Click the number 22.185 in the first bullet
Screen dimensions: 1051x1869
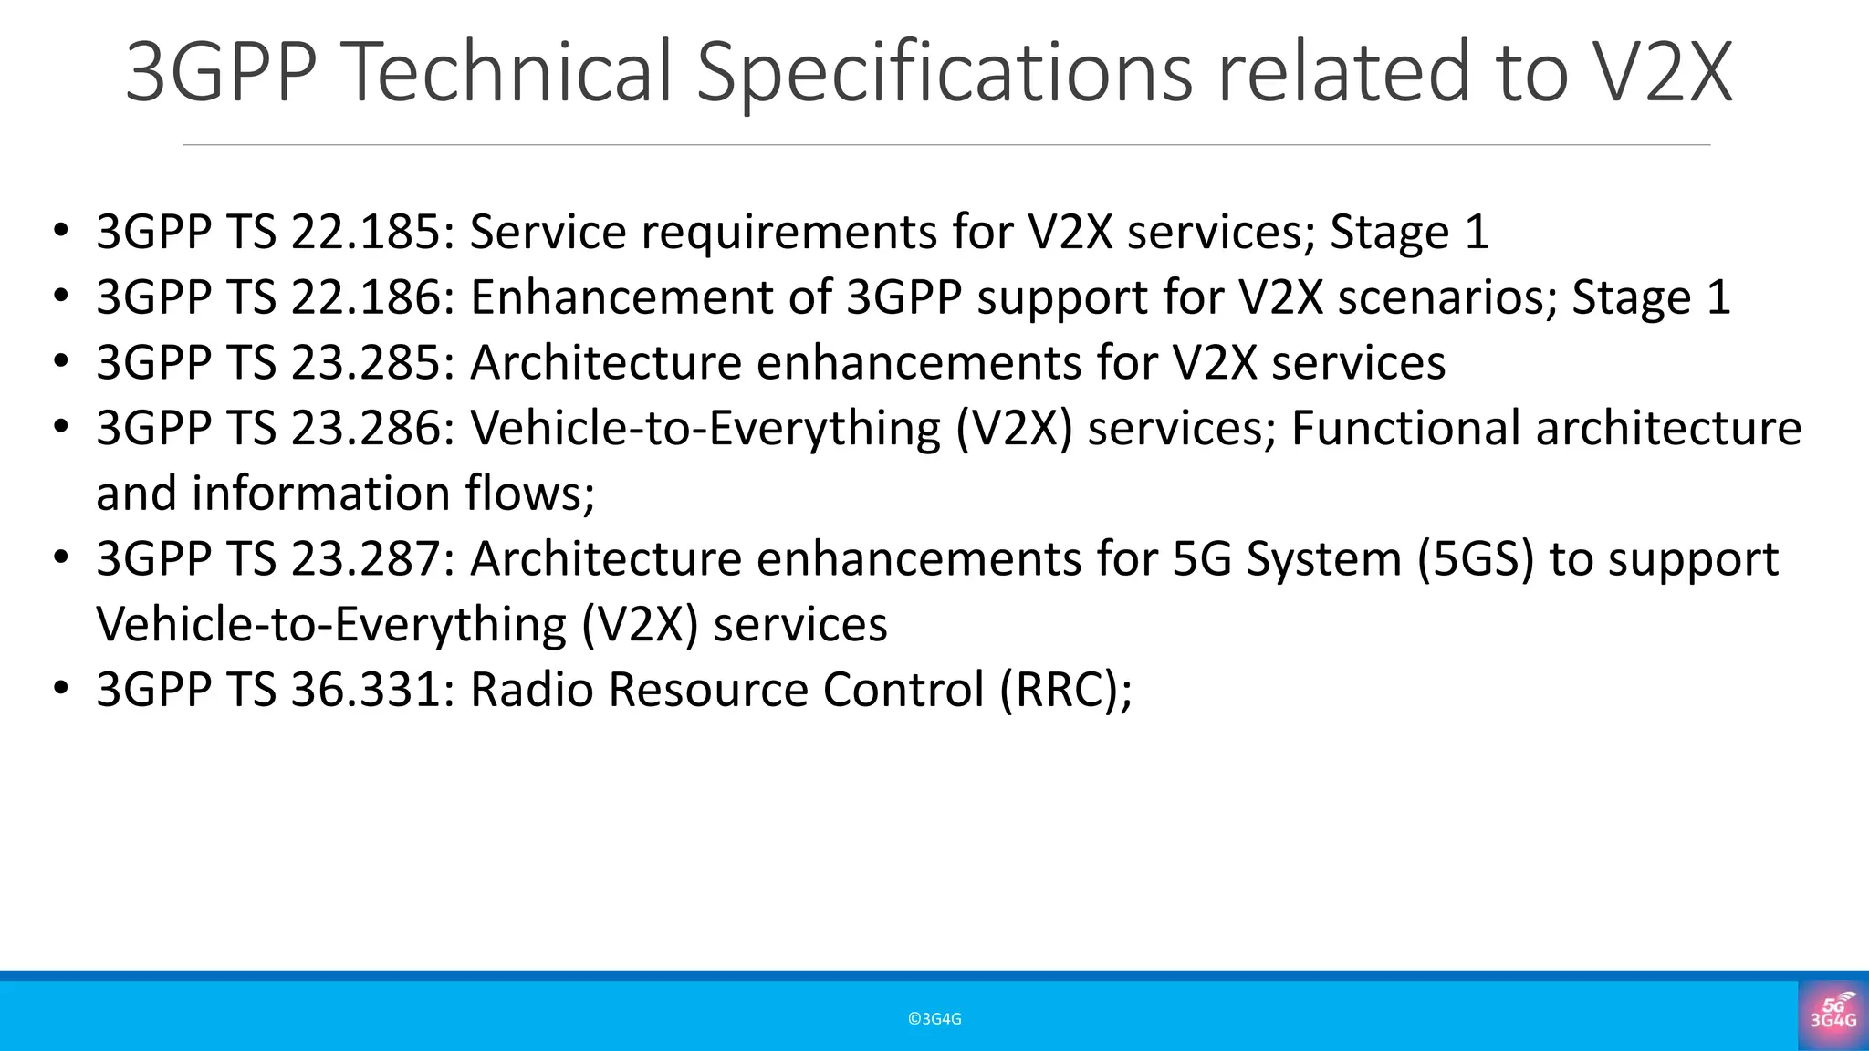pyautogui.click(x=365, y=232)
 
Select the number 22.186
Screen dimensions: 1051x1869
pyautogui.click(x=365, y=297)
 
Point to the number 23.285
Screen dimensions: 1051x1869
pyautogui.click(x=365, y=363)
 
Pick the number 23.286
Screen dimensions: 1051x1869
pyautogui.click(x=365, y=429)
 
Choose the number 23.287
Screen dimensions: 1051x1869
pyautogui.click(x=365, y=559)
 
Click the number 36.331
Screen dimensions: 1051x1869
pyautogui.click(x=365, y=690)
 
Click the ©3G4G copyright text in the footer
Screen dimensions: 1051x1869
pyautogui.click(x=934, y=1019)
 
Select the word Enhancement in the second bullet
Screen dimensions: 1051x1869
pyautogui.click(x=621, y=297)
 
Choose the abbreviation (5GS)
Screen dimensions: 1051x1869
pyautogui.click(x=1476, y=559)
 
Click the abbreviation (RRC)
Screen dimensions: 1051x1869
pyautogui.click(x=1065, y=690)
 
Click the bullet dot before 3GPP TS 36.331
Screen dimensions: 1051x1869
pyautogui.click(x=61, y=688)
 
